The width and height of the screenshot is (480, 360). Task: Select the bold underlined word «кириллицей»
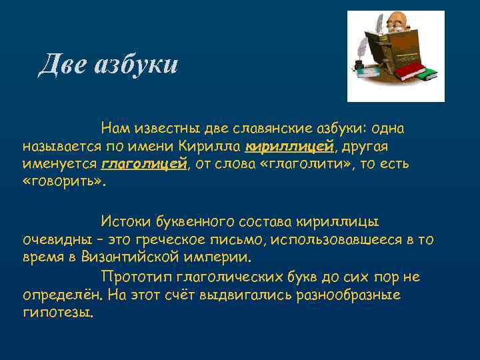point(279,145)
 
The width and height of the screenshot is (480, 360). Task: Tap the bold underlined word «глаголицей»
point(143,164)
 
